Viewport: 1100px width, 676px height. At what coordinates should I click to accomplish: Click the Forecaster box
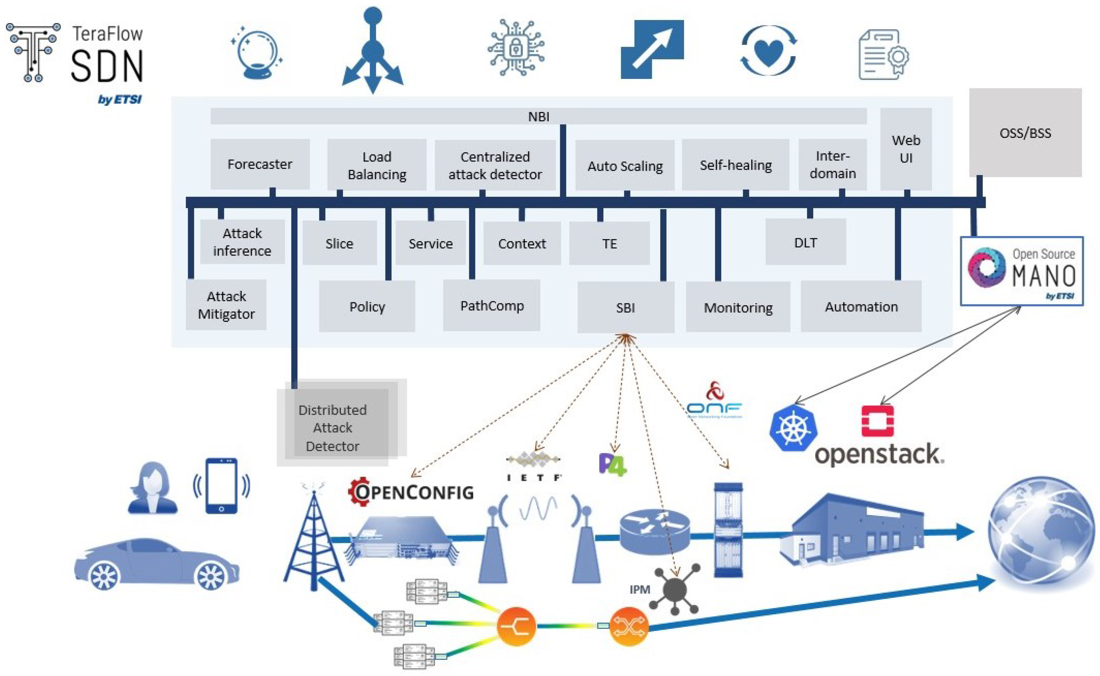(x=260, y=164)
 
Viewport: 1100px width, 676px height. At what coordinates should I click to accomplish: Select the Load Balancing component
(x=377, y=165)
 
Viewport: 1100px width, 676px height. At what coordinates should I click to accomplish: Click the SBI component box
(x=625, y=308)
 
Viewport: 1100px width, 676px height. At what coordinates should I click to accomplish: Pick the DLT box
(x=805, y=242)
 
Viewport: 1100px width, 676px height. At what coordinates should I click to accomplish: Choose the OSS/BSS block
(x=1025, y=133)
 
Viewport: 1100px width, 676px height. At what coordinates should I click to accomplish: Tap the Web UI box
(x=906, y=149)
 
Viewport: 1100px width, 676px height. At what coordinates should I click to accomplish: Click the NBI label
(x=538, y=117)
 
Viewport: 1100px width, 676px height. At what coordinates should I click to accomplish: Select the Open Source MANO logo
(x=1021, y=271)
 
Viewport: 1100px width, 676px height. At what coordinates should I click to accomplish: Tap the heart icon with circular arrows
(x=768, y=51)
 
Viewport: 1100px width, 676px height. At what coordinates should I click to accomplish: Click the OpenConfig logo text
(x=411, y=492)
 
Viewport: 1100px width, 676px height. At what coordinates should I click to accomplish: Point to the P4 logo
(x=612, y=465)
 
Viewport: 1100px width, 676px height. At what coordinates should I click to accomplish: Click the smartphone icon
(x=221, y=486)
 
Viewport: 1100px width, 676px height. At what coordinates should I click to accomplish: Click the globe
(x=1042, y=532)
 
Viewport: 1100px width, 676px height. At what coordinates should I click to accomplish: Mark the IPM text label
(x=639, y=590)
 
